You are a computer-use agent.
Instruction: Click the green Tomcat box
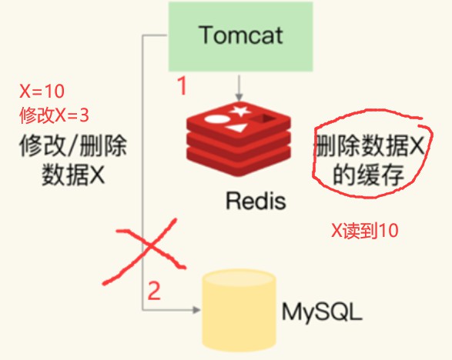coord(241,37)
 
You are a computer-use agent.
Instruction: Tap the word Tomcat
coord(241,35)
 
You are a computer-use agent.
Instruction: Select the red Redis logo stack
coord(239,139)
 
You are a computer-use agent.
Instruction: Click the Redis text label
coord(256,201)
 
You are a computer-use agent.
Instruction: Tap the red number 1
coord(182,85)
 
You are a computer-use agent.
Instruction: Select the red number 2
coord(154,291)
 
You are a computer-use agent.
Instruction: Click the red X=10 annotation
coord(42,92)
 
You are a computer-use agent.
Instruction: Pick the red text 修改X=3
coord(54,115)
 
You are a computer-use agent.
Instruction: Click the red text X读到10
coord(364,231)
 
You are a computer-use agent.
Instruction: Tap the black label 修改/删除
coord(73,145)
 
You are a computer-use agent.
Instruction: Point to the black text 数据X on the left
coord(73,175)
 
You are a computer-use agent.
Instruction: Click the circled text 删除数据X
coord(370,145)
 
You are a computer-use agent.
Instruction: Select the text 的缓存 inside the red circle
coord(368,175)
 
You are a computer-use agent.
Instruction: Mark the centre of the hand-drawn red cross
coord(150,246)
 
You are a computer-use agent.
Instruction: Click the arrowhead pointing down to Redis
coord(239,98)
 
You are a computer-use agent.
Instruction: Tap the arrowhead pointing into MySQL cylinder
coord(197,310)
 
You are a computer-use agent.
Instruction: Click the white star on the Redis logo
coord(239,111)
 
